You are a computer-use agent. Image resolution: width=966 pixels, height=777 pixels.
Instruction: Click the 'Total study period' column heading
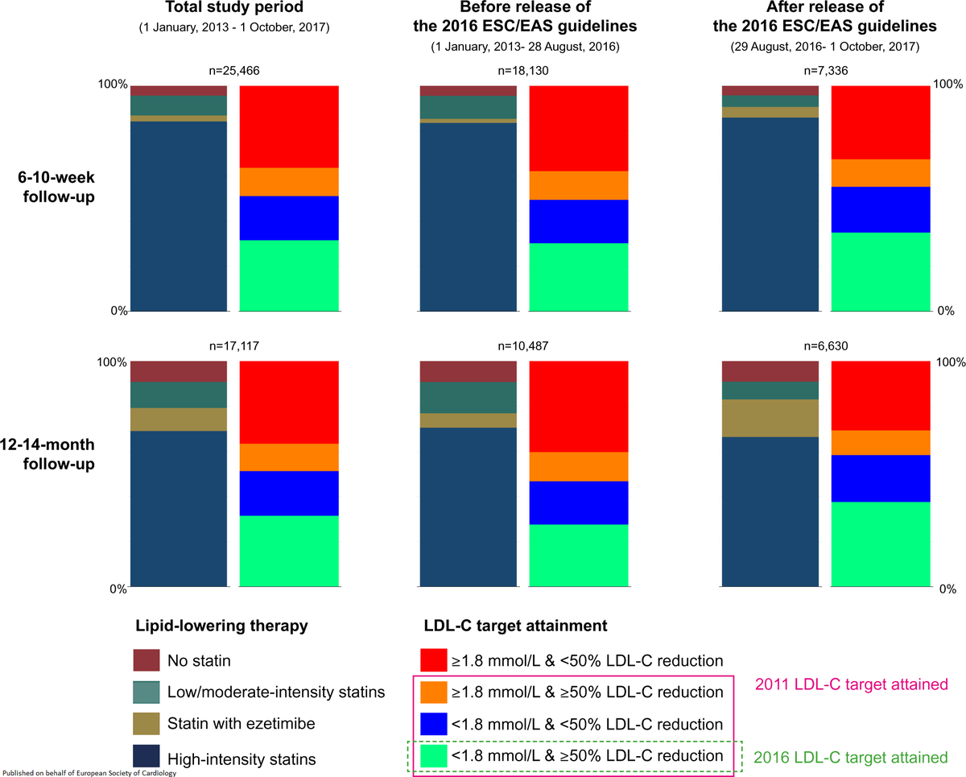(233, 10)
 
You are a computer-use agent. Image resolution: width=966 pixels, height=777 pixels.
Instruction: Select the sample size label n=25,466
(233, 72)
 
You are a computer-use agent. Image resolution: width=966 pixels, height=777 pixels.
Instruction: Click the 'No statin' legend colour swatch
(147, 661)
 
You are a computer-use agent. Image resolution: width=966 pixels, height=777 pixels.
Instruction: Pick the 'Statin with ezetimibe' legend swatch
(147, 725)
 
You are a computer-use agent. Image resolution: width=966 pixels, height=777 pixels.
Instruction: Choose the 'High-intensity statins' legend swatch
(147, 756)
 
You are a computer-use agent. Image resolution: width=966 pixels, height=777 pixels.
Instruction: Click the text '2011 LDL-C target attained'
(850, 684)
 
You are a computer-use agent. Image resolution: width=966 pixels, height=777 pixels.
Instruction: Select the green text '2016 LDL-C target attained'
(850, 757)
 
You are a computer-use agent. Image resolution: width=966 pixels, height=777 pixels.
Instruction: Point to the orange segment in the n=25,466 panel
(289, 182)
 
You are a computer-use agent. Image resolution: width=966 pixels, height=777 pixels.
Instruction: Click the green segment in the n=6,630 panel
(881, 544)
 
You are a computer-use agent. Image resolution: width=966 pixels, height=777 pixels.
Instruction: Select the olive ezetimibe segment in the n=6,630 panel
(771, 418)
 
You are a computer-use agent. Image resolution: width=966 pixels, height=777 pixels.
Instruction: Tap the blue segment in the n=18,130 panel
(578, 221)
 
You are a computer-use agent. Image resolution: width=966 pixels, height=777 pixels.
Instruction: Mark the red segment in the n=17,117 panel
(289, 403)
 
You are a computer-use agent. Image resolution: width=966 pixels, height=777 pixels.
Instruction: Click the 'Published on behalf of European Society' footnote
(89, 772)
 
